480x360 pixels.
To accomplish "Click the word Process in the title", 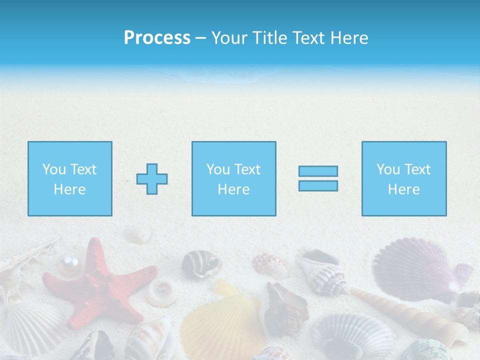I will tap(157, 38).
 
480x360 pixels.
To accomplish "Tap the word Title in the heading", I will tap(269, 38).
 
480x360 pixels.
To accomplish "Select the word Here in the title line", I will tap(348, 38).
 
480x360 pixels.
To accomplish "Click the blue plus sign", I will tap(152, 179).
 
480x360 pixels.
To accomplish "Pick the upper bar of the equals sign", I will tap(318, 171).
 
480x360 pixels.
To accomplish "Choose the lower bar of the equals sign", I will tap(318, 185).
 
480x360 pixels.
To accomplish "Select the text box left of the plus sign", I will tap(70, 178).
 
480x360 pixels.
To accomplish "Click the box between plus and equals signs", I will tap(234, 178).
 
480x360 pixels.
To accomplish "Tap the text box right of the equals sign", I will tap(404, 178).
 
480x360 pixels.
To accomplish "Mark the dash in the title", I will tap(201, 38).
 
